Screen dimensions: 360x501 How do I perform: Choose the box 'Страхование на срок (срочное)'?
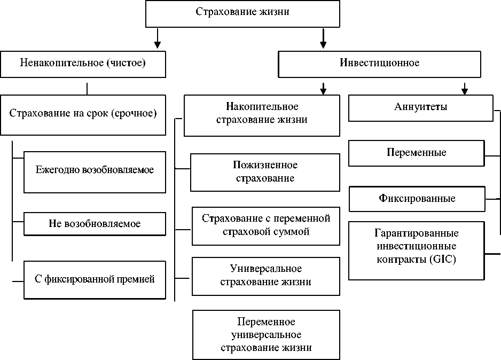[83, 114]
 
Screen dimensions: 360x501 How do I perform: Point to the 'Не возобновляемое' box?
[95, 223]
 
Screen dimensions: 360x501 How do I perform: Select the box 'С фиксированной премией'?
[95, 279]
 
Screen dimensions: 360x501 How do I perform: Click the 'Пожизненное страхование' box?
[265, 172]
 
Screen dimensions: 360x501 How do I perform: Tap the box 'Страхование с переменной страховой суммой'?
[266, 225]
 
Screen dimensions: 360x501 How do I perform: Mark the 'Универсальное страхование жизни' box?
[266, 276]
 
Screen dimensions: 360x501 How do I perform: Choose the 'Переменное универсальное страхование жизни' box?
[266, 334]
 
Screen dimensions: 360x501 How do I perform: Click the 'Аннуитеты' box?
[420, 107]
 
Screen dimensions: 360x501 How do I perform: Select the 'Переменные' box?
[416, 153]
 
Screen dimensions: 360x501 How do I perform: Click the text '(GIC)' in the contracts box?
[442, 260]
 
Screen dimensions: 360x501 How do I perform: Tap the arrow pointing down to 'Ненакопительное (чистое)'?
[156, 40]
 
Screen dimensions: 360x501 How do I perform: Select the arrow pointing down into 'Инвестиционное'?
[323, 40]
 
